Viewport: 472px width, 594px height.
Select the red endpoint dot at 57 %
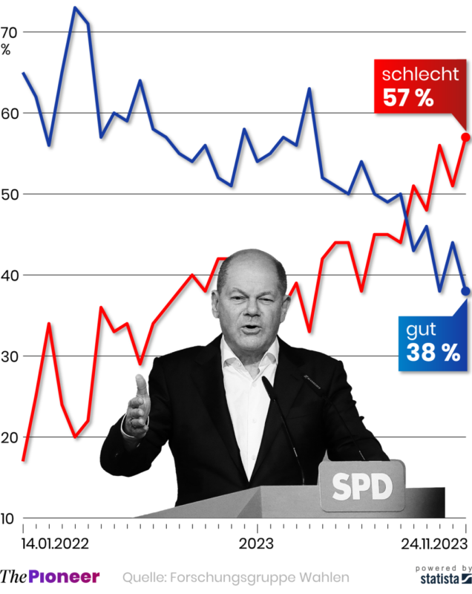point(465,137)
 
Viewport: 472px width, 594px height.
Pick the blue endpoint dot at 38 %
point(465,291)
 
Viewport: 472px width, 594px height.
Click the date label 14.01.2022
point(55,544)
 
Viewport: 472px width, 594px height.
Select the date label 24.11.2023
point(432,544)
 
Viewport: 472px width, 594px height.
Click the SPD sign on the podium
point(361,487)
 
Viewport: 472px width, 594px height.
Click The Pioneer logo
point(50,576)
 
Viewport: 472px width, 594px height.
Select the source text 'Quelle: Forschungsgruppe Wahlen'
point(235,577)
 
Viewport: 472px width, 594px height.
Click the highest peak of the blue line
point(76,7)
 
